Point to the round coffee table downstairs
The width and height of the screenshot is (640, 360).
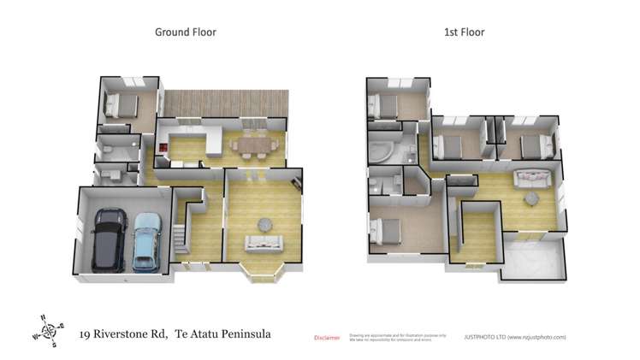(264, 223)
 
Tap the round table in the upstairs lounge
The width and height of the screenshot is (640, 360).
(531, 199)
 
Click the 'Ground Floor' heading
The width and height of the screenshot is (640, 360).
(185, 32)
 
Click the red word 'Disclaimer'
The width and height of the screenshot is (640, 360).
(327, 337)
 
